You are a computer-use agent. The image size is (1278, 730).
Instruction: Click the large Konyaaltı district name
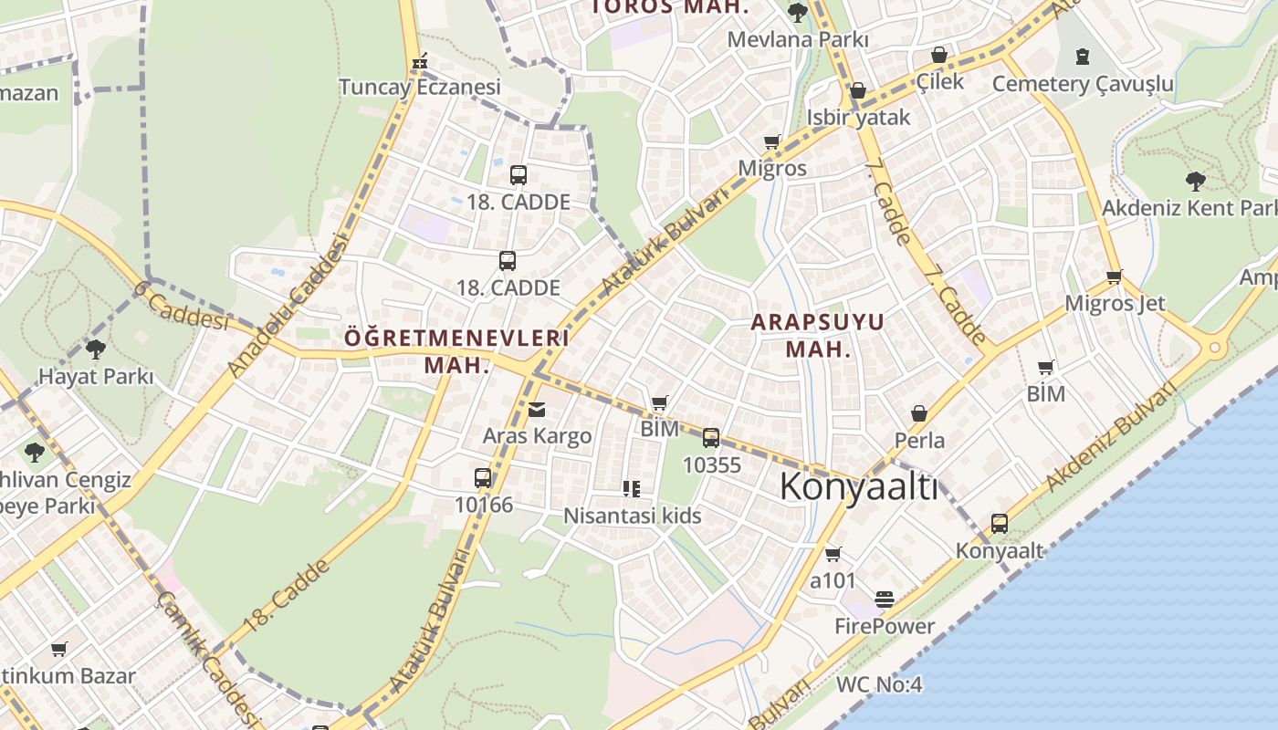[x=858, y=487]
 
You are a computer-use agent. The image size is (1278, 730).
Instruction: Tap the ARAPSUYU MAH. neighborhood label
[x=818, y=335]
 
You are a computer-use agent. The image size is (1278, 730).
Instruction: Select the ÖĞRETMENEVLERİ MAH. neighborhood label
[x=456, y=350]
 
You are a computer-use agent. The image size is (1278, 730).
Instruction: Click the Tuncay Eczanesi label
[x=420, y=87]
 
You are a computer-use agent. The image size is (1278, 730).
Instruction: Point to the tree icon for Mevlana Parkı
[x=797, y=12]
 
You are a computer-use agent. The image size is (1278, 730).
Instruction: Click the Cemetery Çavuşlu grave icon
[x=1083, y=57]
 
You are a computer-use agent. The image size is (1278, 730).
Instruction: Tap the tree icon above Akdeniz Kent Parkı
[x=1195, y=181]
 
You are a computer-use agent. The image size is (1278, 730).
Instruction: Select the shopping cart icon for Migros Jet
[x=1114, y=276]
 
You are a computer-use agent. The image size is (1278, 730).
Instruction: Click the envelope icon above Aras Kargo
[x=537, y=410]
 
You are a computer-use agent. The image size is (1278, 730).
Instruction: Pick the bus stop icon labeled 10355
[x=711, y=438]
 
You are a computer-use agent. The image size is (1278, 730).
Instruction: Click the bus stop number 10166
[x=483, y=505]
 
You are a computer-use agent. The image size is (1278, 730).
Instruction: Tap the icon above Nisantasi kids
[x=631, y=489]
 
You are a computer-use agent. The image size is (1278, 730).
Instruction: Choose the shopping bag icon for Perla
[x=919, y=414]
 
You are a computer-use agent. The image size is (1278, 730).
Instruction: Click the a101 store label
[x=833, y=580]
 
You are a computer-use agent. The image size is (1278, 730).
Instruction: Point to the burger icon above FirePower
[x=884, y=600]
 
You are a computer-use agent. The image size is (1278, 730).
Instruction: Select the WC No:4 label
[x=879, y=684]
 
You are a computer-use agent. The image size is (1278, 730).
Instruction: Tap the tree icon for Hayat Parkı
[x=95, y=349]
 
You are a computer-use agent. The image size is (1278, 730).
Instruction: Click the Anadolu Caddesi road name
[x=288, y=305]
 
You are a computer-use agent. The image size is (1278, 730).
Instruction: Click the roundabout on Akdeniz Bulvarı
[x=1215, y=348]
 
